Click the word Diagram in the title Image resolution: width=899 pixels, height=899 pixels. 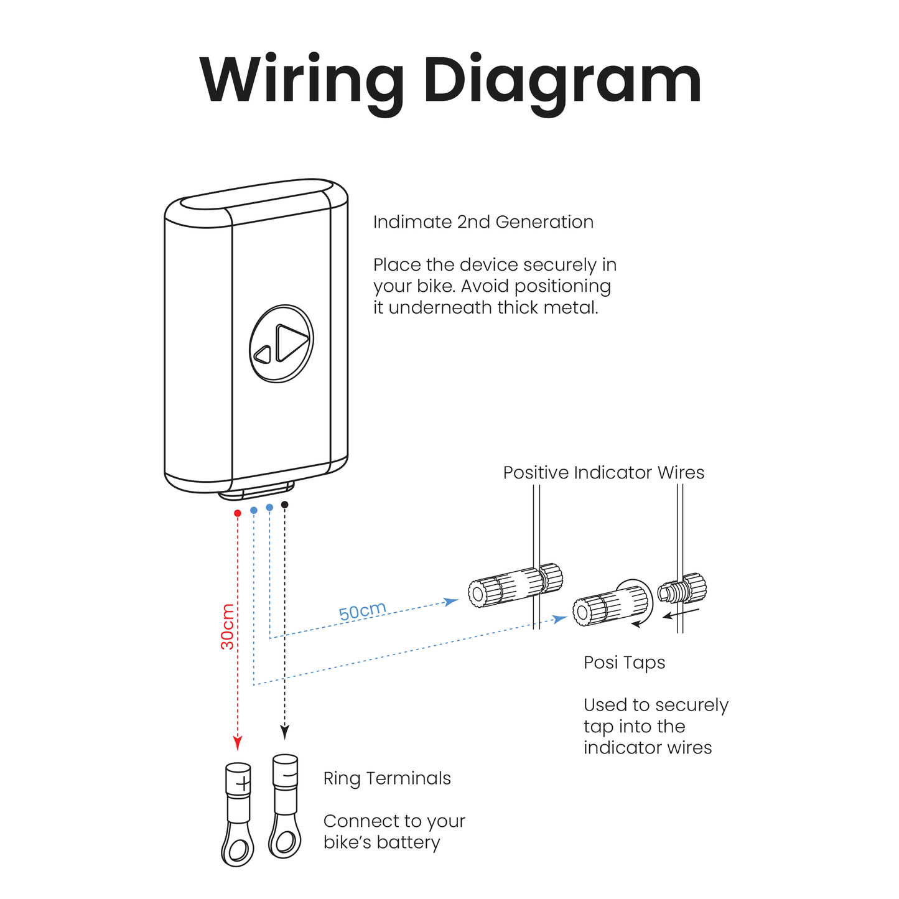pyautogui.click(x=562, y=82)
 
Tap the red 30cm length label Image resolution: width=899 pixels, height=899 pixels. pyautogui.click(x=228, y=627)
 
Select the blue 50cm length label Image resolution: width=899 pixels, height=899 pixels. pyautogui.click(x=362, y=610)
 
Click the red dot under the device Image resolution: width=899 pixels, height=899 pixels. pyautogui.click(x=237, y=513)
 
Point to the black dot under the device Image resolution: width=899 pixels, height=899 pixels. pyautogui.click(x=284, y=505)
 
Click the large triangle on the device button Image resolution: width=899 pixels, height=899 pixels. pyautogui.click(x=291, y=342)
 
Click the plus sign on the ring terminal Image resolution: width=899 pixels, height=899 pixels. pyautogui.click(x=243, y=783)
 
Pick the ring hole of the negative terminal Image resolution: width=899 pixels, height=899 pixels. pyautogui.click(x=285, y=842)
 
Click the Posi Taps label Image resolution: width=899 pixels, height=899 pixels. pyautogui.click(x=624, y=663)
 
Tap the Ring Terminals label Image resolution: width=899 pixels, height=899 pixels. pyautogui.click(x=387, y=778)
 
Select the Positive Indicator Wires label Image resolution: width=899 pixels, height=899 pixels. pyautogui.click(x=603, y=473)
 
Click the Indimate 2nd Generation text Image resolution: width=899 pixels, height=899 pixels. pyautogui.click(x=483, y=222)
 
